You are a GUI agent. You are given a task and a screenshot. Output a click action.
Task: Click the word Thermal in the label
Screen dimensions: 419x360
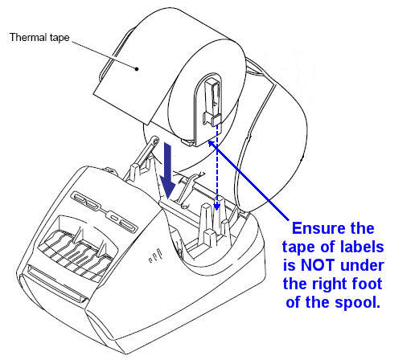click(28, 37)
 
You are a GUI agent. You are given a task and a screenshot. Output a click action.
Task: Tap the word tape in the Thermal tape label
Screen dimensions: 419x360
click(60, 38)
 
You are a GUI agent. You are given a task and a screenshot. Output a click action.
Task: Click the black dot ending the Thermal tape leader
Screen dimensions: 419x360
click(137, 69)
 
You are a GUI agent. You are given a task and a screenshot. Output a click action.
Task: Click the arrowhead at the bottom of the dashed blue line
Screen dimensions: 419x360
click(217, 207)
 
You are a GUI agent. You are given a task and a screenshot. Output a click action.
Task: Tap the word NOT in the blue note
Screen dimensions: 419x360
click(318, 265)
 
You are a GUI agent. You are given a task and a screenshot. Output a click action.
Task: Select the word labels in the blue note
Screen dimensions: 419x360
click(362, 247)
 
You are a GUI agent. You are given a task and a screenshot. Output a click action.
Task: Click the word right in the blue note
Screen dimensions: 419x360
click(330, 284)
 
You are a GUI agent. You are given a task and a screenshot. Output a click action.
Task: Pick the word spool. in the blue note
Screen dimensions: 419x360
click(357, 303)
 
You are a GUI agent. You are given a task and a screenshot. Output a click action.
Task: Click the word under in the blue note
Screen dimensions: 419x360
click(362, 265)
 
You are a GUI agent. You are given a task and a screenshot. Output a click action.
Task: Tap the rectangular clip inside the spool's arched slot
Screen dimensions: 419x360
click(213, 102)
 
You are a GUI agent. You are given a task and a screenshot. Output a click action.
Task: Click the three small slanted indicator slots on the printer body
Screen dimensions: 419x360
click(155, 256)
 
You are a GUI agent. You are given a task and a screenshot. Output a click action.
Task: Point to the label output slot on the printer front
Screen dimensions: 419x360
click(56, 284)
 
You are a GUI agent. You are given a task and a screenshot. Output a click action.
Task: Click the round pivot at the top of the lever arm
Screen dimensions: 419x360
click(155, 141)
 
